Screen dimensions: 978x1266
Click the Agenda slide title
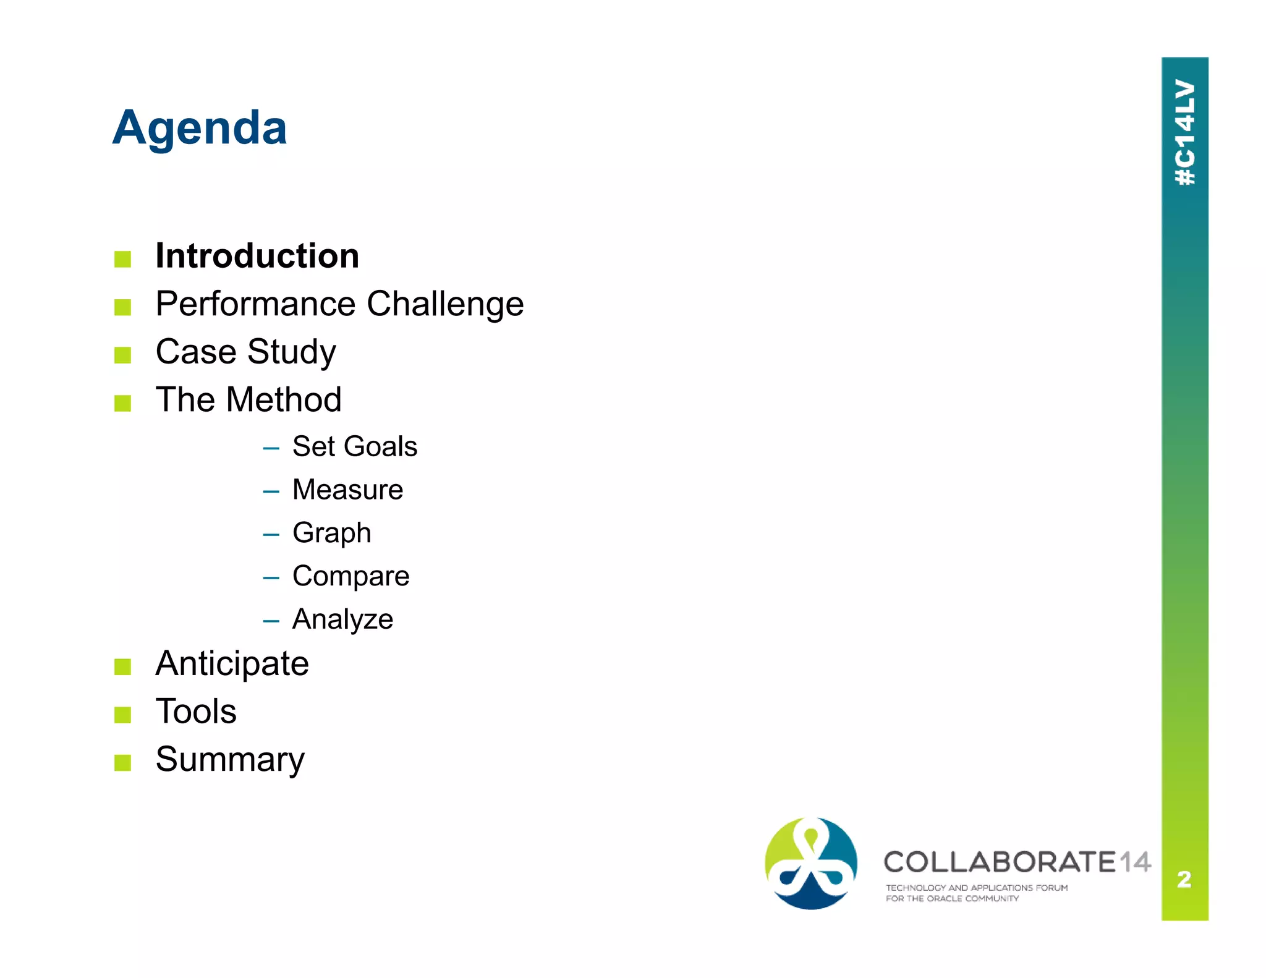199,128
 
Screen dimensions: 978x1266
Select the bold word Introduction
257,256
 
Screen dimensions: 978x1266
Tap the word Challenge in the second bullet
445,304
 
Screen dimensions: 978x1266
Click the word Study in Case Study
291,352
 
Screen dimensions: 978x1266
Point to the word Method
283,399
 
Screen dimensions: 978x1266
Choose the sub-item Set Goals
354,446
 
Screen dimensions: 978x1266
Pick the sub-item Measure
347,490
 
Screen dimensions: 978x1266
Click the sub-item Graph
331,533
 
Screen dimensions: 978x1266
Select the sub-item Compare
350,576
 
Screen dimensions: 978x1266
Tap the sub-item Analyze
342,619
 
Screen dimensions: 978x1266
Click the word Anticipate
232,664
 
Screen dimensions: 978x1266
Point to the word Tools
196,712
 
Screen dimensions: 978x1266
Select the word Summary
230,759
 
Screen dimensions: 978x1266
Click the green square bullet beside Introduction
122,259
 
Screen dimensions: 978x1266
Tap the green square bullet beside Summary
122,762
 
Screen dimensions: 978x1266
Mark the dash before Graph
271,535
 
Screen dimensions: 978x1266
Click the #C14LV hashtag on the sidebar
1185,132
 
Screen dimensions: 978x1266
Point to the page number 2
1184,878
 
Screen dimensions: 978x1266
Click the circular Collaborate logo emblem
810,863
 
